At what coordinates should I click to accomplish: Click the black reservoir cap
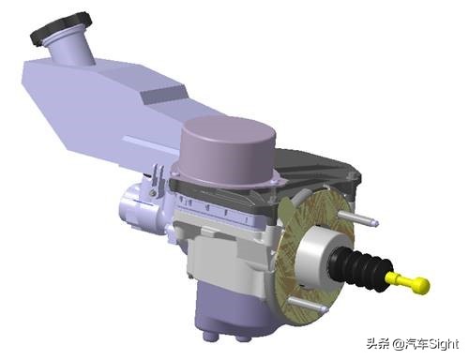click(x=61, y=27)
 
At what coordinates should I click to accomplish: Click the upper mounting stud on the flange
click(x=358, y=218)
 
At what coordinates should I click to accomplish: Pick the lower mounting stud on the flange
click(x=308, y=304)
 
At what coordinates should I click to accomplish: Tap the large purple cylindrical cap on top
click(x=228, y=151)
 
